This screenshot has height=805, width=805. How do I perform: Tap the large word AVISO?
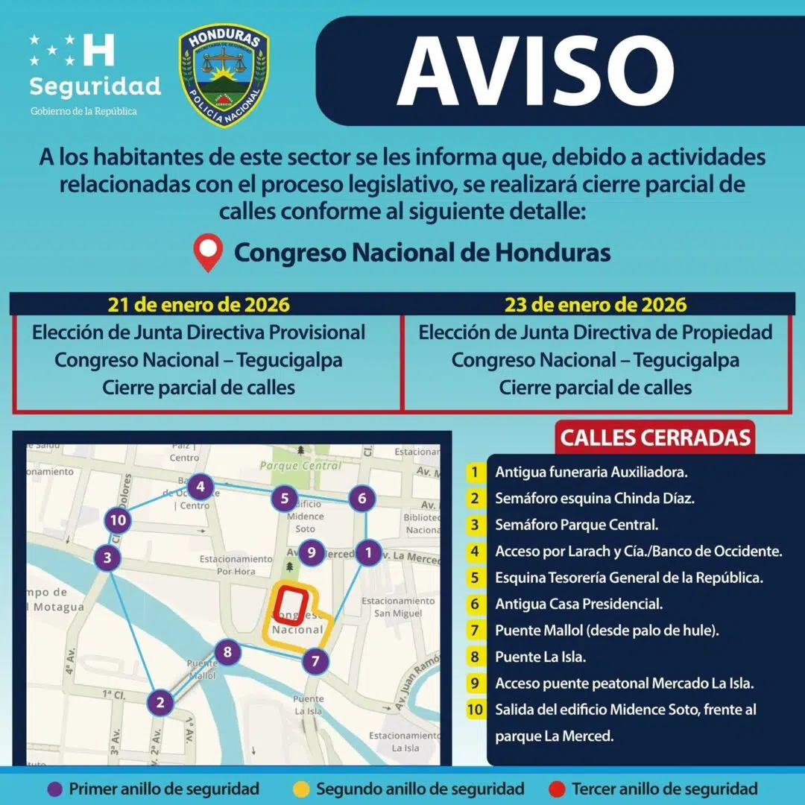click(535, 72)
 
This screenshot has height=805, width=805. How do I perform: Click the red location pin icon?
click(208, 253)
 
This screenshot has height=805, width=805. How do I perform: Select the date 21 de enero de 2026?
click(198, 304)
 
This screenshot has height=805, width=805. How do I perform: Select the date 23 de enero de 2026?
click(596, 304)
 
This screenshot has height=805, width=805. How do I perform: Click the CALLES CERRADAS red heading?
click(655, 437)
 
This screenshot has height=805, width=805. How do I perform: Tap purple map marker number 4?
click(200, 488)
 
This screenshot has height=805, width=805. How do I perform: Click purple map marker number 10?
click(118, 520)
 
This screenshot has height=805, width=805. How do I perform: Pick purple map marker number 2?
click(160, 701)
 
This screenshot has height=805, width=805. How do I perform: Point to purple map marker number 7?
click(316, 660)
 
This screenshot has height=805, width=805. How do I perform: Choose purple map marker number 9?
click(312, 553)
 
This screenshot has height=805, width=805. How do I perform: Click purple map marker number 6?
click(362, 499)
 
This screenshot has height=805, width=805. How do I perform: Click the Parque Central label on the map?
click(300, 466)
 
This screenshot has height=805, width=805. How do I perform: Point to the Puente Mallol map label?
click(201, 669)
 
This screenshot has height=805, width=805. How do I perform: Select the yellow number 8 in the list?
click(474, 657)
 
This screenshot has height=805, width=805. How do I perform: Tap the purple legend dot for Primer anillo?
click(54, 788)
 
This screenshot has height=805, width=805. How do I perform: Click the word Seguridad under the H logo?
click(95, 86)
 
